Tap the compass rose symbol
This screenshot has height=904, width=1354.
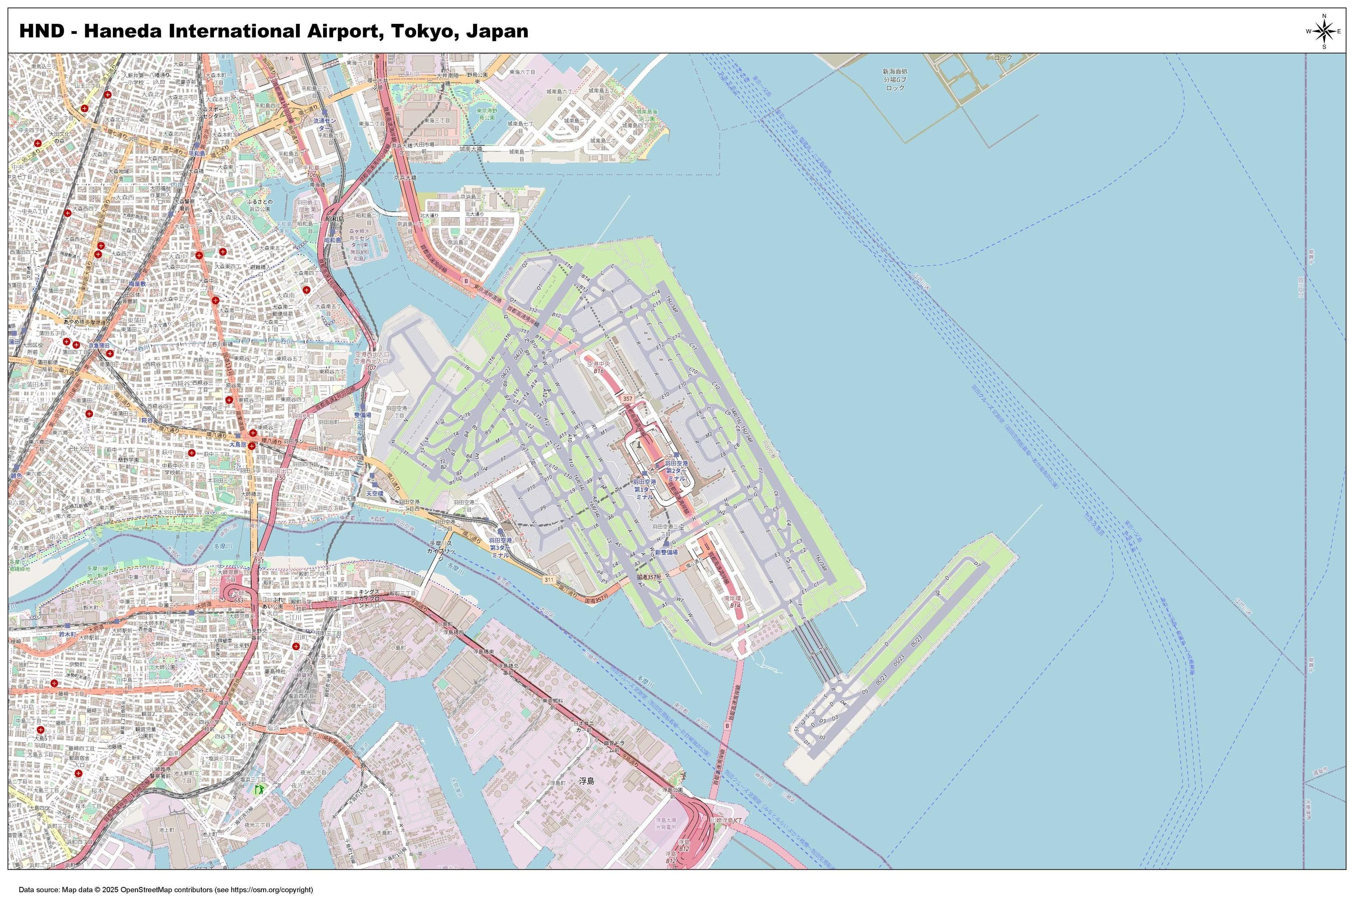pos(1323,31)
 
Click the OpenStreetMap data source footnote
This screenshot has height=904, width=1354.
pos(166,890)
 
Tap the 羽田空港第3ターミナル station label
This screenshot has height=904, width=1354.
pos(500,547)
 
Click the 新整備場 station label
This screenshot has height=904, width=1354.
pos(666,552)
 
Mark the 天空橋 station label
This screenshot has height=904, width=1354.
pos(375,494)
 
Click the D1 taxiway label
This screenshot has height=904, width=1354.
pos(806,743)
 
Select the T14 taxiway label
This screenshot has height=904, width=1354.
pos(569,266)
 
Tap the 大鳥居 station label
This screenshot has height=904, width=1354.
pos(238,444)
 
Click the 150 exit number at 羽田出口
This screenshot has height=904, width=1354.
pos(281,478)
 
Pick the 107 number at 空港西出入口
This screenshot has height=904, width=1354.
pos(371,367)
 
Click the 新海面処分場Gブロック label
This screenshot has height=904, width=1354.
pos(894,79)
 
